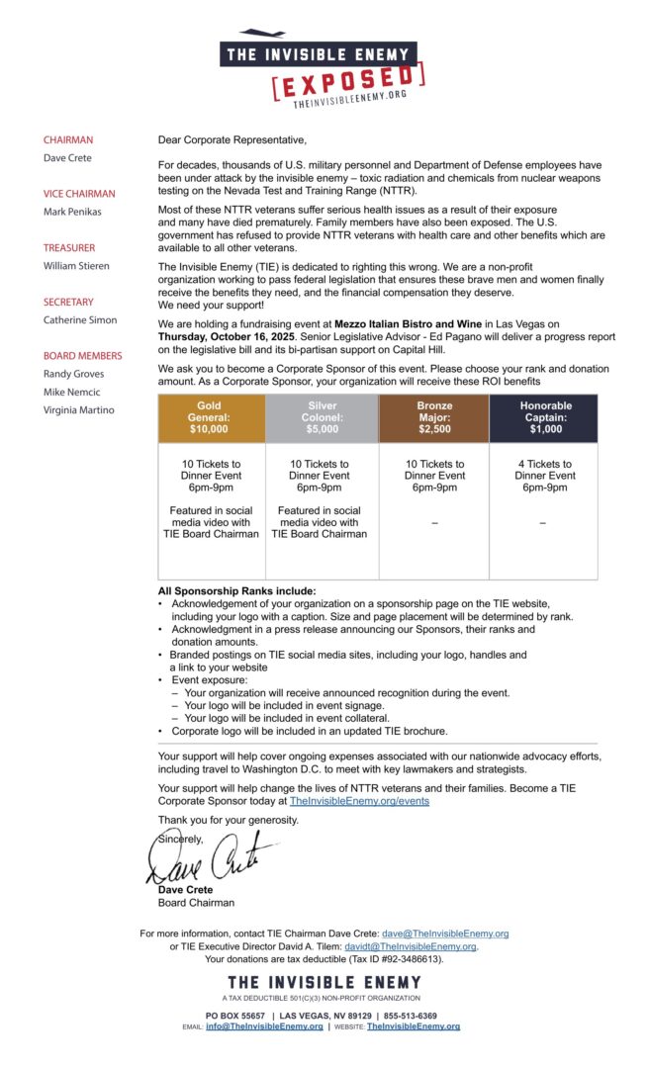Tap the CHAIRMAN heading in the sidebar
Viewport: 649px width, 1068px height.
click(x=68, y=140)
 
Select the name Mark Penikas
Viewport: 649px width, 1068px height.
click(x=71, y=212)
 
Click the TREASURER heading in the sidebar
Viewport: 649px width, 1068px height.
click(x=69, y=248)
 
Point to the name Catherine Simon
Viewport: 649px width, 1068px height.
click(x=80, y=319)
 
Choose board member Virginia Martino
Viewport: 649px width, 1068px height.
click(x=78, y=410)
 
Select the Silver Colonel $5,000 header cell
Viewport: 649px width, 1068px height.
click(x=322, y=418)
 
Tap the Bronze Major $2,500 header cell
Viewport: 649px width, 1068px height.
click(x=433, y=418)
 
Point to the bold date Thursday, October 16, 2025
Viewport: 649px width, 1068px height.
click(x=227, y=336)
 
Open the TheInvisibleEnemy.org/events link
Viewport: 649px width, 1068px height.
click(x=359, y=801)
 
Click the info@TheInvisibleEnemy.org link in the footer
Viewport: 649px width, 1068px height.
click(x=264, y=1026)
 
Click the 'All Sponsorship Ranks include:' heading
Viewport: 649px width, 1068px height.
click(x=237, y=591)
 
